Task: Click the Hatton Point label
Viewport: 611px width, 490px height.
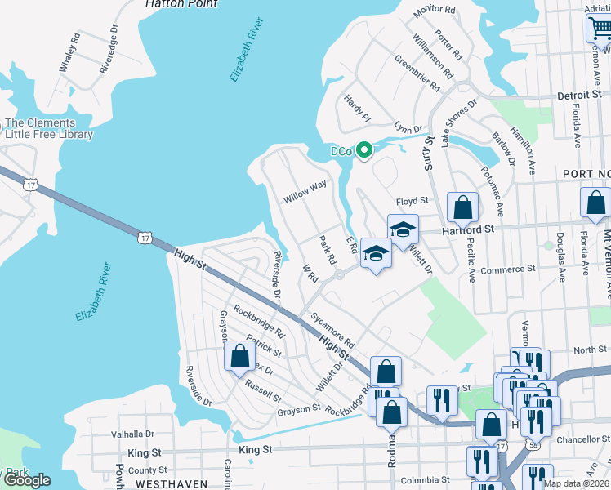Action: [181, 4]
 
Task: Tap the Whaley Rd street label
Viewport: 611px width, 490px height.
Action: [69, 53]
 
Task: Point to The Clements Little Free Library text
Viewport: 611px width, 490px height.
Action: [49, 129]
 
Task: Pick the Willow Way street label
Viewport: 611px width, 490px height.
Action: [305, 192]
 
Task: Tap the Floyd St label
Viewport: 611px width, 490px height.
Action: [413, 201]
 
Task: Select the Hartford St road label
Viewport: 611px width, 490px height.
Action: [469, 231]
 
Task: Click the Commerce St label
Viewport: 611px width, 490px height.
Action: [507, 269]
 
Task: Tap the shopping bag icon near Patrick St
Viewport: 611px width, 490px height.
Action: [239, 357]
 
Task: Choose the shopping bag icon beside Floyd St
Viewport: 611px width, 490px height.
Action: [462, 208]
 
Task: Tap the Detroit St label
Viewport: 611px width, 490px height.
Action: [579, 96]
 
